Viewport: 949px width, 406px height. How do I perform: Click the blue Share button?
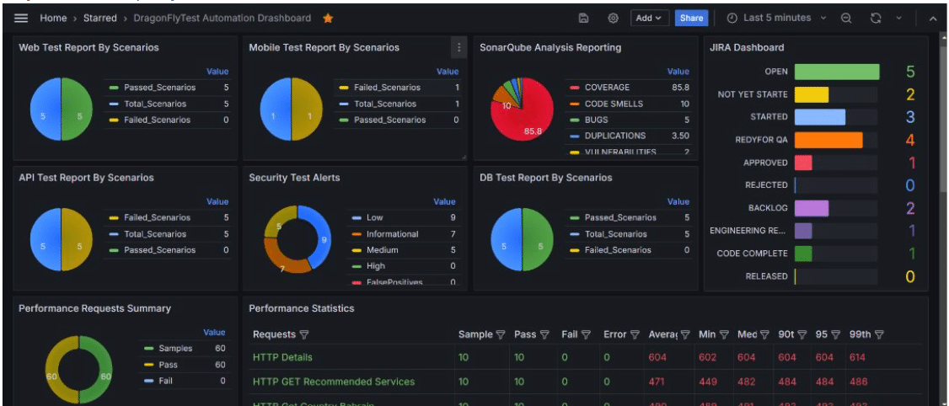click(691, 18)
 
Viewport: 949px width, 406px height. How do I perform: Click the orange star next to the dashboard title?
click(328, 18)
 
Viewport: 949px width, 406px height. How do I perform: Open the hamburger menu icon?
click(21, 18)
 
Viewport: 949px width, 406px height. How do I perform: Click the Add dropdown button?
click(648, 18)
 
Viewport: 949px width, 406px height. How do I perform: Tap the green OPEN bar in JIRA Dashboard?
click(836, 72)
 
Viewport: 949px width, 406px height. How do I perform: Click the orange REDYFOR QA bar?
click(828, 141)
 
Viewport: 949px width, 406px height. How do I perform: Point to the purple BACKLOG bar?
click(812, 208)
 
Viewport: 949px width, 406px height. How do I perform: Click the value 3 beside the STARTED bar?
click(910, 118)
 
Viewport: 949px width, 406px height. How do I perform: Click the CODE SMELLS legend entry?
click(614, 104)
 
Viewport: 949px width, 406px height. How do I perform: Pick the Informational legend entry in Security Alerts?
click(392, 234)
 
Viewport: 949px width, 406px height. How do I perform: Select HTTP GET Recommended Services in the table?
click(334, 382)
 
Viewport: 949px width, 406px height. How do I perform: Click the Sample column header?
click(474, 334)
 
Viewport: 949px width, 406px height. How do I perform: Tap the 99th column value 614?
click(858, 358)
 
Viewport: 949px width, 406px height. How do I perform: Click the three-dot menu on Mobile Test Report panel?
click(458, 48)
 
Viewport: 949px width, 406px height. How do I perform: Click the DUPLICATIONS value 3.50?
click(679, 136)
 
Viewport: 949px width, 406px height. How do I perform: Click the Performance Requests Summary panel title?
click(94, 308)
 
